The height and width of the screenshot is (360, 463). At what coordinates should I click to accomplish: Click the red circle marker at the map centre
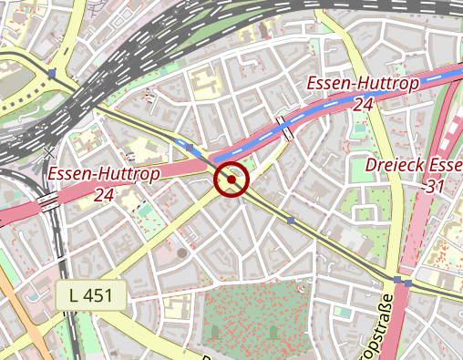[231, 180]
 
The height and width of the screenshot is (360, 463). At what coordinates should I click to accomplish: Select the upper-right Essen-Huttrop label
[363, 85]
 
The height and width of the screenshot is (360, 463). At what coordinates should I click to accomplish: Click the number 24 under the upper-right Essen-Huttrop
[363, 105]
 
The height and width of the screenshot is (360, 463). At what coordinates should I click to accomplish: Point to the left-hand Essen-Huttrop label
[104, 174]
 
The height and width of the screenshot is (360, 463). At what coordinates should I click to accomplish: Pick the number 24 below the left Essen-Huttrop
[103, 194]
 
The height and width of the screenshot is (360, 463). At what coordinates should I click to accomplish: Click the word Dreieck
[402, 166]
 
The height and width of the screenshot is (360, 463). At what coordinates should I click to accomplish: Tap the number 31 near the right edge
[435, 186]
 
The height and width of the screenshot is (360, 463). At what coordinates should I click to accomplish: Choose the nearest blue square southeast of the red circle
[291, 220]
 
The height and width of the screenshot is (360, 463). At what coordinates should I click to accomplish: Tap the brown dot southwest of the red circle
[182, 252]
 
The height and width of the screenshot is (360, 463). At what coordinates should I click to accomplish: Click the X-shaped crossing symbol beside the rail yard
[47, 151]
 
